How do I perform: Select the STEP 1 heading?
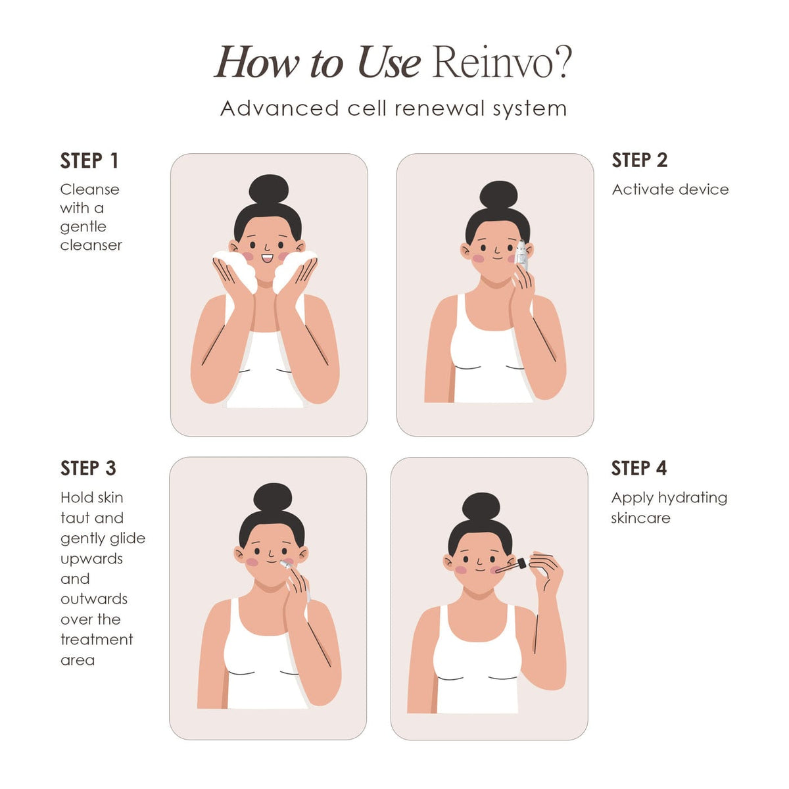89,160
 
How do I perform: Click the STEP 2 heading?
639,160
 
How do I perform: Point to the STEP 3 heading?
88,468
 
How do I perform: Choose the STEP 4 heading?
638,468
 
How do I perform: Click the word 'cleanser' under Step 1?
91,245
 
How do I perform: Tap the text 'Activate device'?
670,189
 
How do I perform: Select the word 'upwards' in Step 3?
91,559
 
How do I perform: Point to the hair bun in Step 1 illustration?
268,189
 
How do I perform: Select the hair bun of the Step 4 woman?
481,508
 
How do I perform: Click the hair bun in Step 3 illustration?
272,498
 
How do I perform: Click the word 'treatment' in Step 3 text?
97,640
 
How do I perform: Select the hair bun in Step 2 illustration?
498,195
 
